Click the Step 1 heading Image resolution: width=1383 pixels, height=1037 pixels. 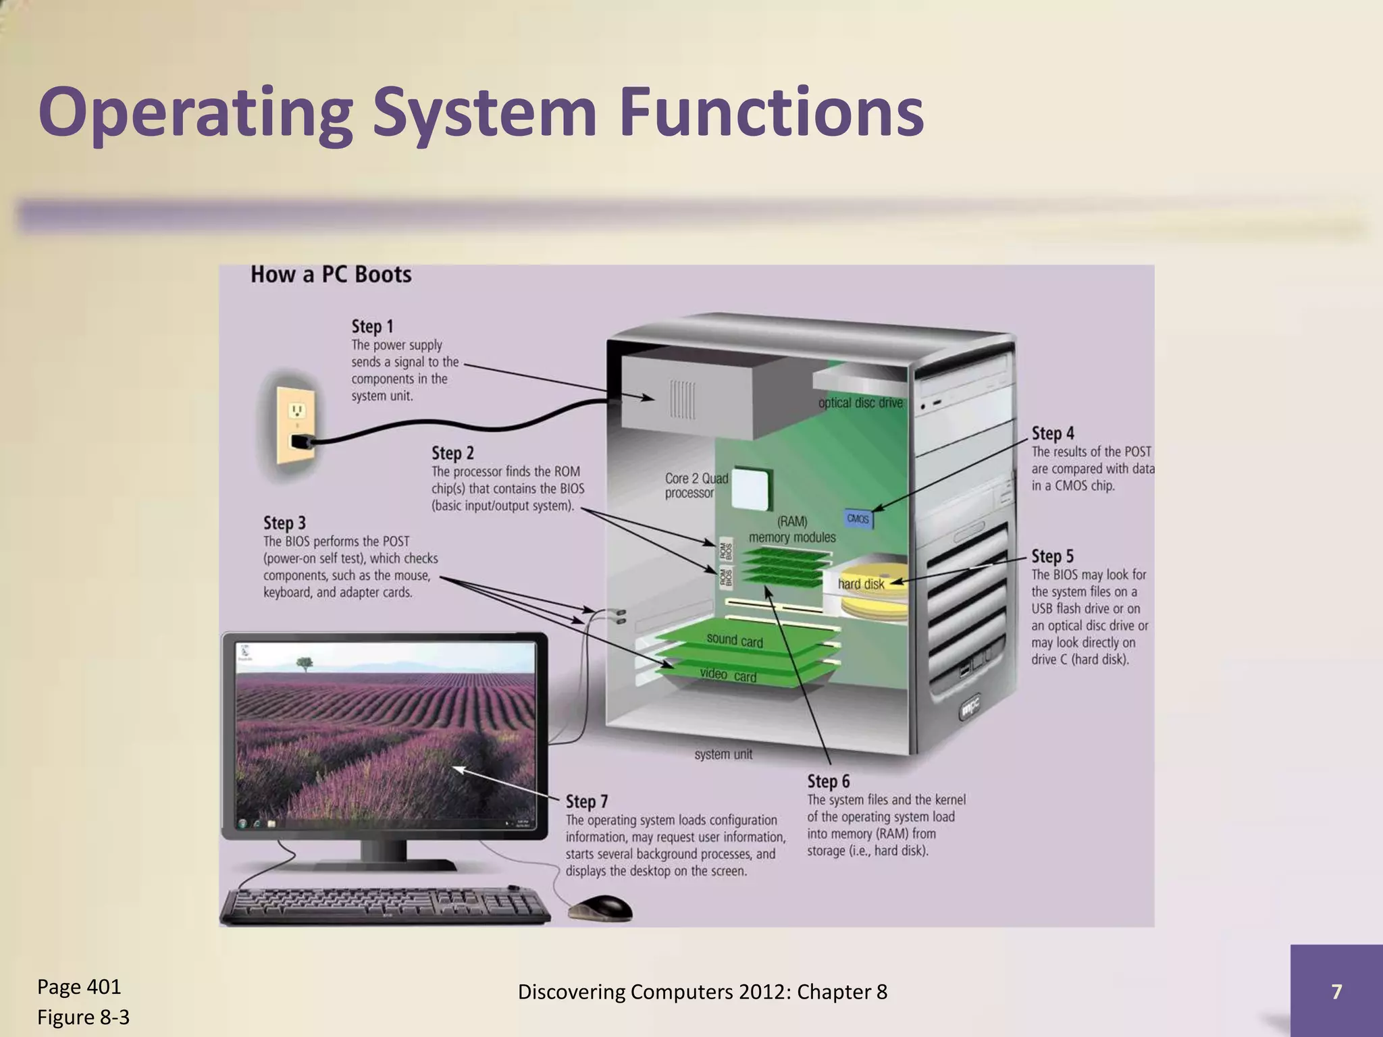pyautogui.click(x=372, y=327)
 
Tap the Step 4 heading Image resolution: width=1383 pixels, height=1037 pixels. pyautogui.click(x=1052, y=433)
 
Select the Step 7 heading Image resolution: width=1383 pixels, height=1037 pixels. pyautogui.click(x=586, y=802)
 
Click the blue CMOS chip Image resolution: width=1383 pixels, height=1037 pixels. pyautogui.click(x=858, y=519)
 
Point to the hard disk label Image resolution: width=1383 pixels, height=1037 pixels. pyautogui.click(x=860, y=584)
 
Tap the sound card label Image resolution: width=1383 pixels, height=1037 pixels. pyautogui.click(x=734, y=640)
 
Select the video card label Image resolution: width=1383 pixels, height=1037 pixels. pyautogui.click(x=727, y=675)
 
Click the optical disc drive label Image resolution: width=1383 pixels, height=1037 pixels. pyautogui.click(x=860, y=403)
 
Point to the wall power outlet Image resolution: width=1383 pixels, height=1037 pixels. pyautogui.click(x=295, y=423)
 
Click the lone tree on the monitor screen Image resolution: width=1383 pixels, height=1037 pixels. pyautogui.click(x=305, y=664)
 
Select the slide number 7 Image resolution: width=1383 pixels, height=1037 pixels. pyautogui.click(x=1336, y=991)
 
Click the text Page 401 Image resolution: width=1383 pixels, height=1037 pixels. pyautogui.click(x=79, y=987)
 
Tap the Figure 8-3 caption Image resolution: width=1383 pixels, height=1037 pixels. pyautogui.click(x=83, y=1017)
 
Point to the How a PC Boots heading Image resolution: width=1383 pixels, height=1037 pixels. pyautogui.click(x=331, y=275)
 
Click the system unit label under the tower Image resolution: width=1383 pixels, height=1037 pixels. pyautogui.click(x=723, y=755)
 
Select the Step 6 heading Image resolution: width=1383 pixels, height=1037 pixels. pyautogui.click(x=828, y=782)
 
